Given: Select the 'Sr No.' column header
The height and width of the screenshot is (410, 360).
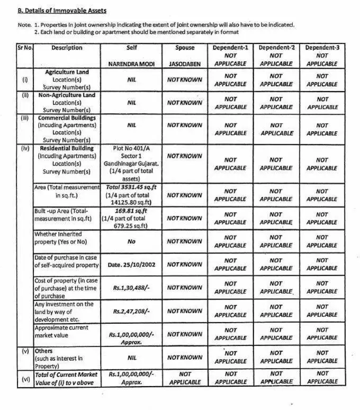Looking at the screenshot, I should click(24, 48).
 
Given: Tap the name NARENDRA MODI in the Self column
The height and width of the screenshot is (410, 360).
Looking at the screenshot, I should click(131, 63).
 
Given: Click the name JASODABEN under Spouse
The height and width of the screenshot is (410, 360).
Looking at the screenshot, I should click(185, 63).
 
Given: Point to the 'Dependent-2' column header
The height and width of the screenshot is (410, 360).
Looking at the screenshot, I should click(276, 48).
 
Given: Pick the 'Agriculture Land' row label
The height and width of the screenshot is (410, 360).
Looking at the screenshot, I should click(67, 72).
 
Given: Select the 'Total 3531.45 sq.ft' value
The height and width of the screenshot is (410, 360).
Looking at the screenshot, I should click(131, 187).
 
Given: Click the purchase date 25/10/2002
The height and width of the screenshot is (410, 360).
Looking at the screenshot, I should click(131, 265).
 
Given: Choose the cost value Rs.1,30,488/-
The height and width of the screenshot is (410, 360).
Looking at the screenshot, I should click(131, 288).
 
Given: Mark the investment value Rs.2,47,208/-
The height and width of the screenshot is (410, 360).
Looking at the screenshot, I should click(131, 311).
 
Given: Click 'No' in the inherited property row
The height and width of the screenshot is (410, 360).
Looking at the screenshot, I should click(131, 241).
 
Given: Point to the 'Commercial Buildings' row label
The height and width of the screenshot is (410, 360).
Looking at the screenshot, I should click(67, 118).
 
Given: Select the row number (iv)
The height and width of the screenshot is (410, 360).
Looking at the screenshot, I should click(24, 149).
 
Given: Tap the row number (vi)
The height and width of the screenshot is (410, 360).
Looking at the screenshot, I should click(24, 378).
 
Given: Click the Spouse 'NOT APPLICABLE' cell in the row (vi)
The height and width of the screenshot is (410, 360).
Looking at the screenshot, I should click(185, 378).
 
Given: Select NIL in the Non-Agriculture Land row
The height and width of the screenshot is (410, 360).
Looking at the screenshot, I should click(131, 103).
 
